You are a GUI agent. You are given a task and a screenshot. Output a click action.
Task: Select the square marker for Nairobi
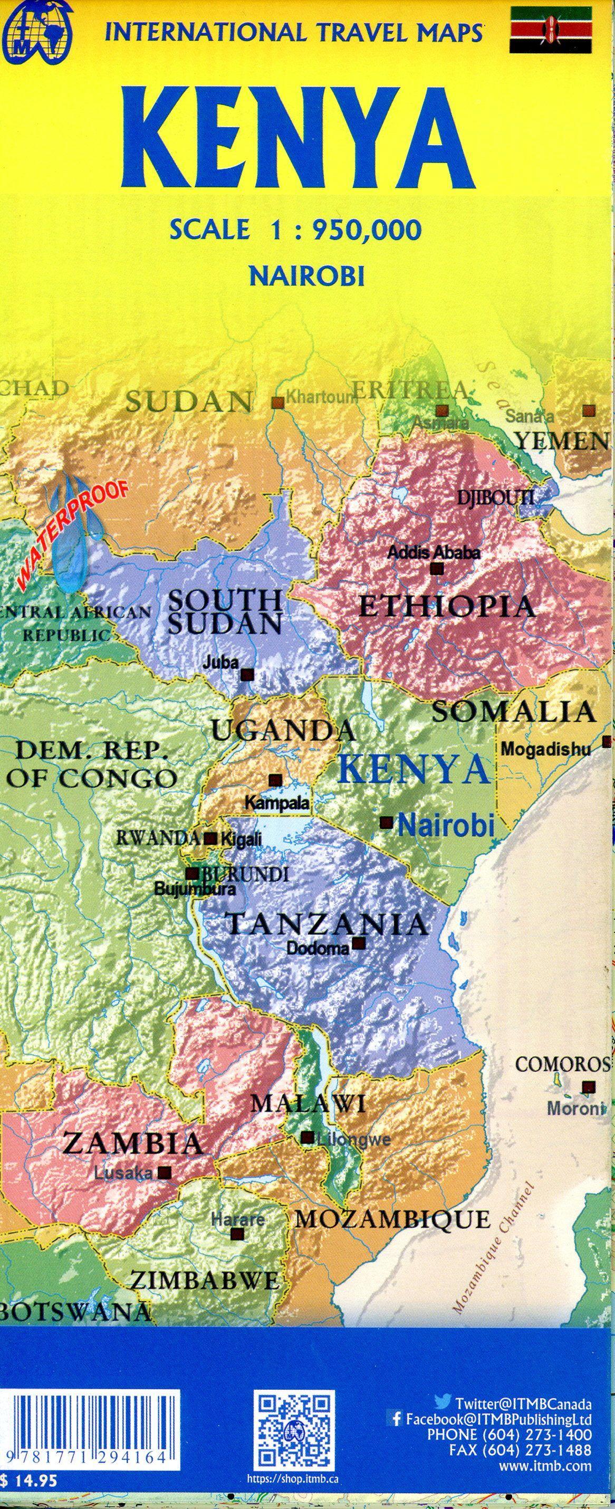(386, 823)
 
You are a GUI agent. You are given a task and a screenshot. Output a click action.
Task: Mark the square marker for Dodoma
(359, 944)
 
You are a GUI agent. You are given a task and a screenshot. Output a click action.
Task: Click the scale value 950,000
(367, 229)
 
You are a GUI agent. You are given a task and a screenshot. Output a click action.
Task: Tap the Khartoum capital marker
(277, 403)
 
